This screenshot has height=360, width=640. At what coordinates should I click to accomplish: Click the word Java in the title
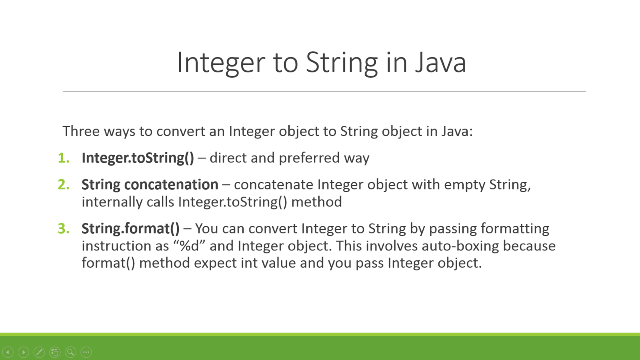click(440, 63)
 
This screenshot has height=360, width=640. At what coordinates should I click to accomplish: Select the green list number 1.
click(63, 158)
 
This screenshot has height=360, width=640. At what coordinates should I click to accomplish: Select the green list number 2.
click(63, 185)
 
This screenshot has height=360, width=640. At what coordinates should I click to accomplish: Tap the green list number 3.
click(63, 229)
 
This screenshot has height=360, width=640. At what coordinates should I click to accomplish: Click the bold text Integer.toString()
click(138, 158)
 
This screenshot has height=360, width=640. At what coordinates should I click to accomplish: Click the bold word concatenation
click(171, 185)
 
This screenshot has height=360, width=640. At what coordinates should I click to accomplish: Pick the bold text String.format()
click(130, 229)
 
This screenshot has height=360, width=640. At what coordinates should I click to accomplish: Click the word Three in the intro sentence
click(81, 131)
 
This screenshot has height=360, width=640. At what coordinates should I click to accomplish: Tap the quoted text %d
click(189, 246)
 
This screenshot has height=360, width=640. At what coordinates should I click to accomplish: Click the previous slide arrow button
click(8, 352)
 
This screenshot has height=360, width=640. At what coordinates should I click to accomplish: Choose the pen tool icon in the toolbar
click(39, 352)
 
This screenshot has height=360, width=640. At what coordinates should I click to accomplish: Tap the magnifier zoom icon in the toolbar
click(70, 352)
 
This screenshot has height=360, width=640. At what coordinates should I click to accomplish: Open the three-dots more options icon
click(86, 352)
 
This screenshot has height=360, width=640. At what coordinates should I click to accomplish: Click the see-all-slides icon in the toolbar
click(55, 352)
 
